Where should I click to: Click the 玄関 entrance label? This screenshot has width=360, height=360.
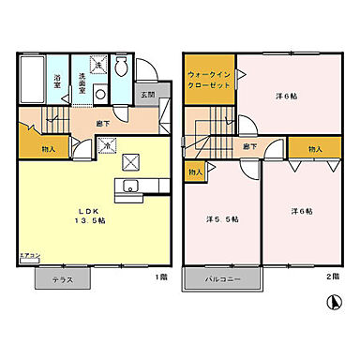pyautogui.click(x=148, y=95)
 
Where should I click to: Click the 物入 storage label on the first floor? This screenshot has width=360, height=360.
pyautogui.click(x=49, y=149)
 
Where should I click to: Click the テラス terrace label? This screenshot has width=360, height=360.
pyautogui.click(x=65, y=279)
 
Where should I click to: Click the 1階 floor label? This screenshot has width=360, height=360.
pyautogui.click(x=162, y=277)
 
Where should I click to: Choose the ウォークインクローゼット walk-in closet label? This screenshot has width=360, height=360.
pyautogui.click(x=207, y=78)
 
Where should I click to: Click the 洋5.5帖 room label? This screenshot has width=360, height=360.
pyautogui.click(x=222, y=219)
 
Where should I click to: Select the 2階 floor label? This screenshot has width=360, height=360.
pyautogui.click(x=332, y=277)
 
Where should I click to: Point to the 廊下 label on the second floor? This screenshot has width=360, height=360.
pyautogui.click(x=251, y=146)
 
